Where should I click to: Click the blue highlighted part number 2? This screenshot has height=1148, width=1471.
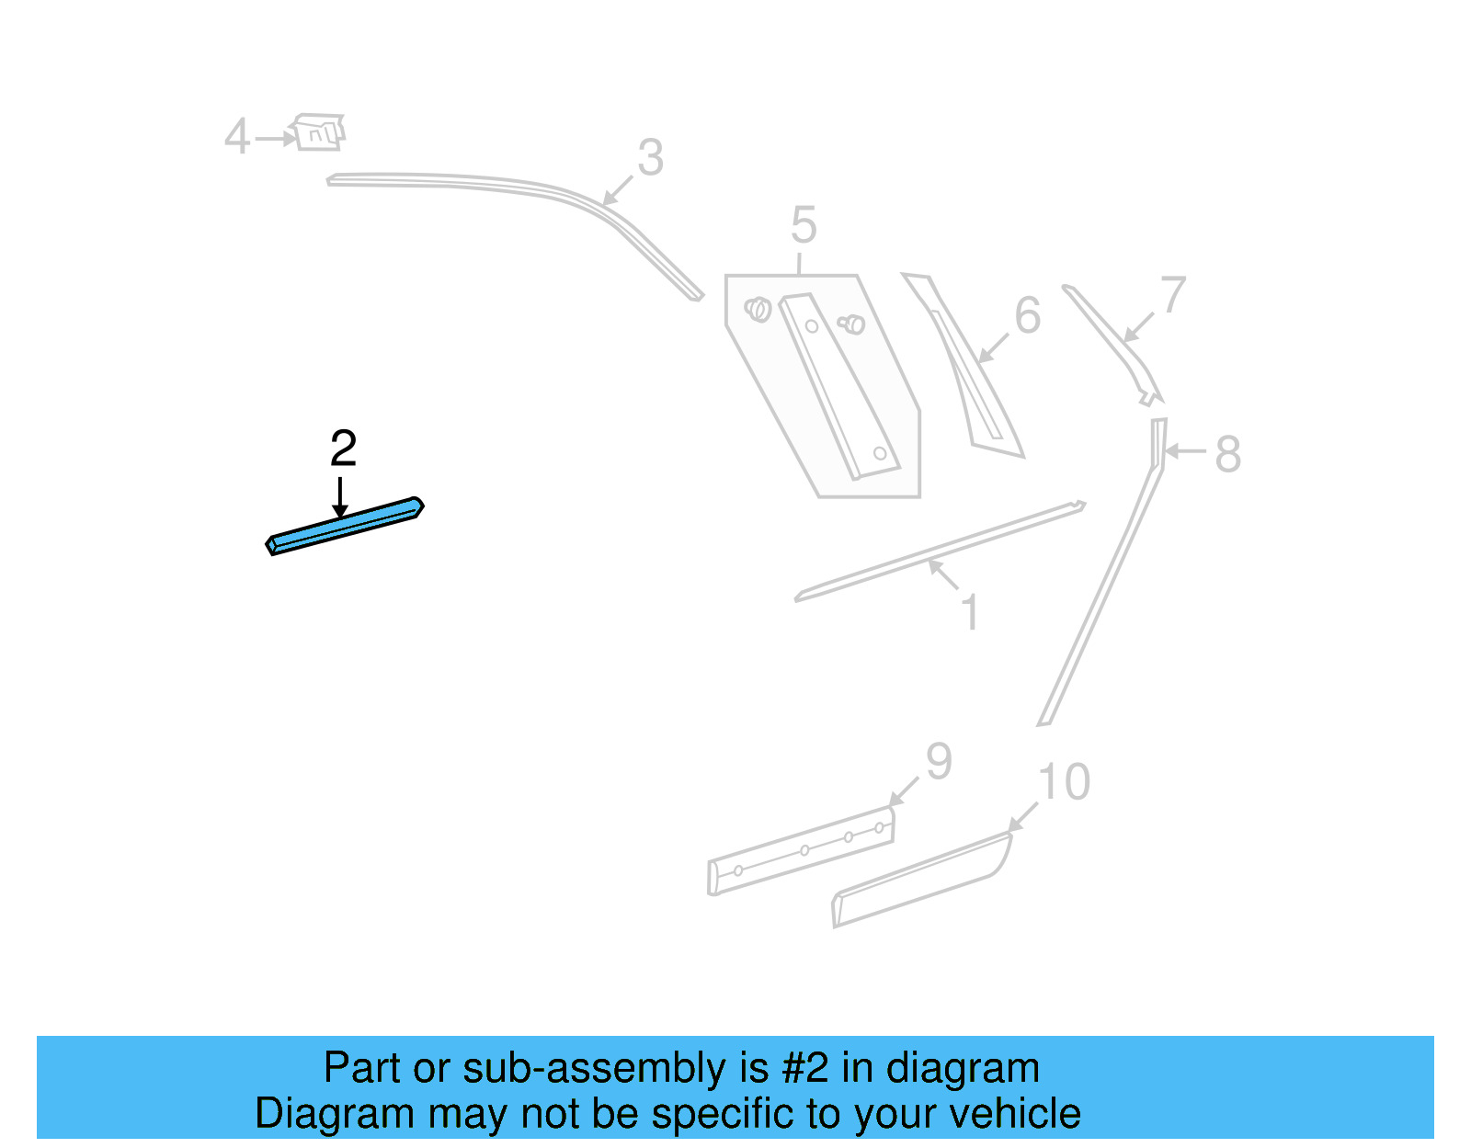345,527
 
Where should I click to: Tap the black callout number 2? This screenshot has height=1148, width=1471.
343,449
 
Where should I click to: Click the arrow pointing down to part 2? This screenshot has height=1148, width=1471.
340,496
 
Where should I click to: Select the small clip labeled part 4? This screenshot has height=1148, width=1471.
318,132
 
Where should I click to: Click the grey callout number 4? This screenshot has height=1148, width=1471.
237,137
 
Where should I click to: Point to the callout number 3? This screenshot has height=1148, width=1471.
650,158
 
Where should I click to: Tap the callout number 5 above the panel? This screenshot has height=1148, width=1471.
803,225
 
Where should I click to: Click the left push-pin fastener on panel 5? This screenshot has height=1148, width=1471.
758,309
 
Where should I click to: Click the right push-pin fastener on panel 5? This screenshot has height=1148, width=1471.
852,324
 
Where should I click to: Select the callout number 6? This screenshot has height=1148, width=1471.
1027,315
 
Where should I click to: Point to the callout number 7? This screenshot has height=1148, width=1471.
1172,296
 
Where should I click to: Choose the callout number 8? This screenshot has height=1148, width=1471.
1227,454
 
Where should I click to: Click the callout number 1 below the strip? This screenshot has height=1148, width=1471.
969,612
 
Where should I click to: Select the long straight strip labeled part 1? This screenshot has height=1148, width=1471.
938,551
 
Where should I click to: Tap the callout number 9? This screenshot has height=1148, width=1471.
938,761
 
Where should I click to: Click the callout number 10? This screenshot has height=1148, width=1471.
1064,782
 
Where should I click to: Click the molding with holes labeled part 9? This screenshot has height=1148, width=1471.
800,852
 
